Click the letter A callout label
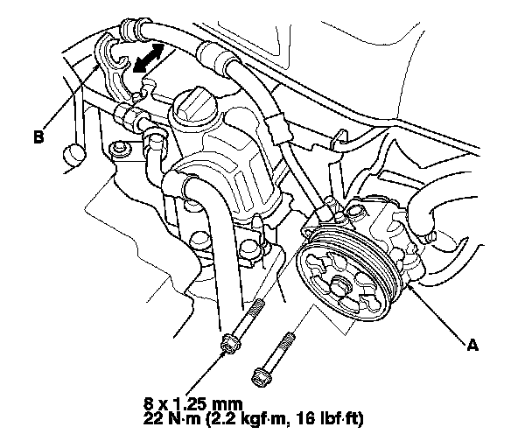point(472,346)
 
